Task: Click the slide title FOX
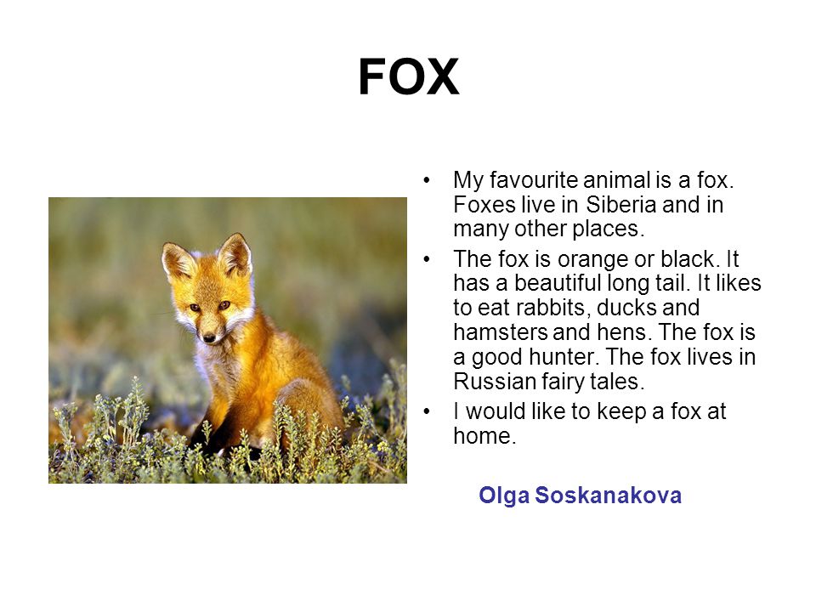coord(409,77)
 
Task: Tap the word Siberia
coord(621,205)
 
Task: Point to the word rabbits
coord(553,308)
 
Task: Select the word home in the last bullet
coord(484,436)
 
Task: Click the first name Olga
coord(504,496)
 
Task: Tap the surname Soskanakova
coord(608,495)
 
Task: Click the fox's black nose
coord(209,337)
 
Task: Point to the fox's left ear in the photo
coord(178,260)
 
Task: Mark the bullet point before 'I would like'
coord(427,411)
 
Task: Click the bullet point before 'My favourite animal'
coord(427,180)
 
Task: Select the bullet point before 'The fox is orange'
coord(427,259)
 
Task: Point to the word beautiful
coord(558,283)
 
